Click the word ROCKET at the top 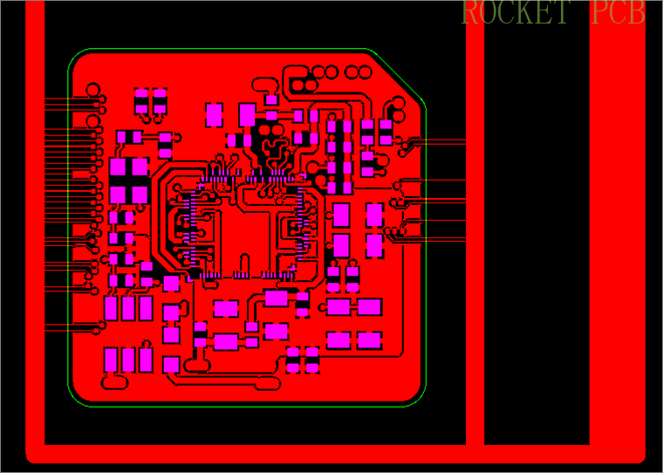click(516, 13)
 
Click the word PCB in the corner click(618, 13)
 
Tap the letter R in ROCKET click(470, 13)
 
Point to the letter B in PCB click(637, 13)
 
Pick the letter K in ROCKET click(526, 13)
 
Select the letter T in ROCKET click(561, 13)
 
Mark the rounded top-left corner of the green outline click(78, 58)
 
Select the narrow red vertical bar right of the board click(475, 227)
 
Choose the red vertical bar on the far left click(35, 227)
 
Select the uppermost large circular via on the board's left click(93, 89)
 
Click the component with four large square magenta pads click(128, 180)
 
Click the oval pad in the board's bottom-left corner click(113, 381)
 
